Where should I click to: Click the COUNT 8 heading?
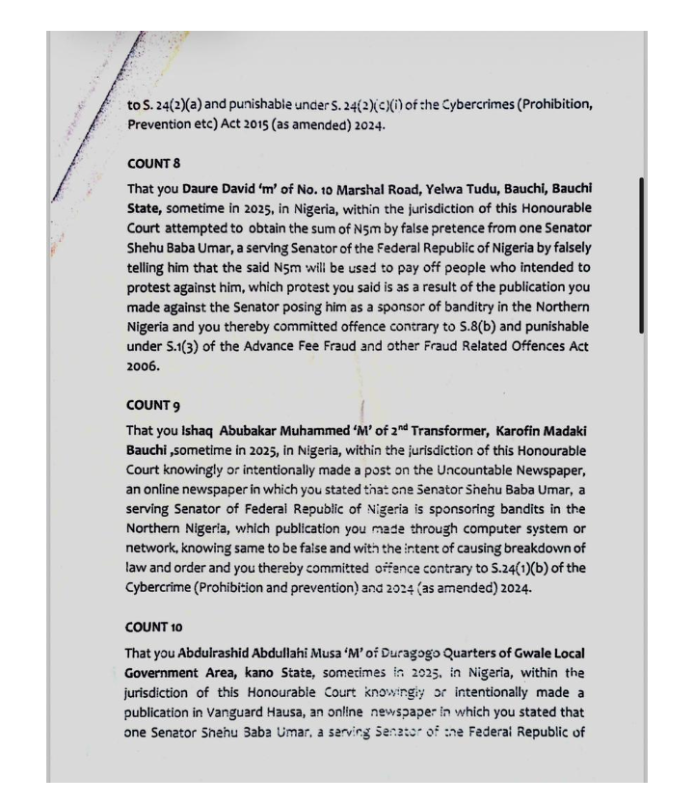click(x=153, y=164)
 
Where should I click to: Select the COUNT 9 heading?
click(x=153, y=406)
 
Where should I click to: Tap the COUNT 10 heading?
click(x=155, y=628)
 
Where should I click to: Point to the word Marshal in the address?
click(x=362, y=189)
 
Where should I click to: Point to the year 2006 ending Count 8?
click(x=143, y=366)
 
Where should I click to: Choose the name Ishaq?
click(x=199, y=431)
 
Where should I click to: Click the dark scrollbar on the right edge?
click(x=642, y=255)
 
